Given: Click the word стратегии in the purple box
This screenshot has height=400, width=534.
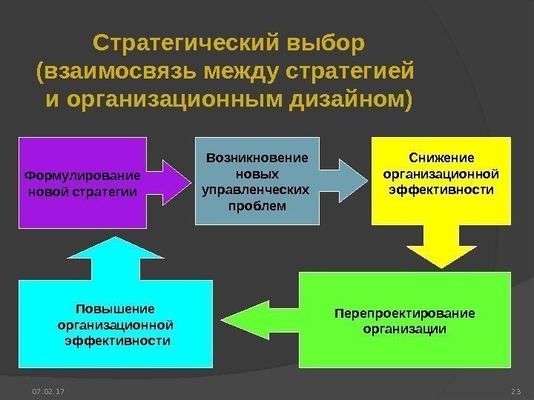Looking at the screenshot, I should [108, 193].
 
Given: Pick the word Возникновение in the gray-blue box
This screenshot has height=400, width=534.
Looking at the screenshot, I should [257, 158].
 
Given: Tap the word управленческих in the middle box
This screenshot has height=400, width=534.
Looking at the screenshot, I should [256, 190].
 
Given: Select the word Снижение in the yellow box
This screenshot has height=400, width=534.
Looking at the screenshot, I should [441, 158].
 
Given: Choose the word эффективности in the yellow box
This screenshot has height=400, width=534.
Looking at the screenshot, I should [441, 190].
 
